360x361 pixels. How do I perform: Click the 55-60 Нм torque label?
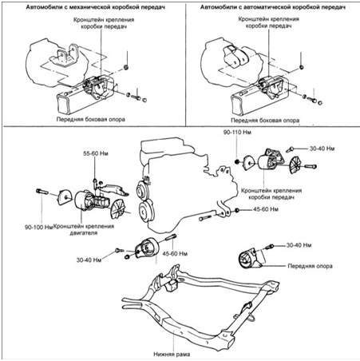coord(96,153)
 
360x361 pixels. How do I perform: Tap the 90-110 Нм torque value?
coord(237,133)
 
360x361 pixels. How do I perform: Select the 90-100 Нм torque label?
coord(39,228)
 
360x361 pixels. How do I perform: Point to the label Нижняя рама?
coord(172,355)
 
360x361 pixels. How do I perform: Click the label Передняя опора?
coord(310,266)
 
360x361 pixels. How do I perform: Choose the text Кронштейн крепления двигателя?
coord(84,230)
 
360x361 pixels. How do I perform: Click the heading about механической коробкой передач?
coord(96,7)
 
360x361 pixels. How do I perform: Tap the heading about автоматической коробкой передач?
coord(273,7)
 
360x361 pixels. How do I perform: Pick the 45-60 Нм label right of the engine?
coord(266,209)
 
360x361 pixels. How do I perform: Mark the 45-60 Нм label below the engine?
coord(175,253)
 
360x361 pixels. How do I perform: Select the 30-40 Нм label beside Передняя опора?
coord(299,245)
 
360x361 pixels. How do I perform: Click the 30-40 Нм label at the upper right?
coord(322,149)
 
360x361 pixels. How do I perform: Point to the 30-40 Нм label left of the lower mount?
coord(89,260)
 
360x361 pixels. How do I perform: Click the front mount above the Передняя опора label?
coord(250,259)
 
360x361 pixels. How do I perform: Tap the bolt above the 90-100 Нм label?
coord(42,192)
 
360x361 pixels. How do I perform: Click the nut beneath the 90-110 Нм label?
coord(236,161)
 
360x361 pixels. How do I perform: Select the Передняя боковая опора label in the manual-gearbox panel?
coord(91,119)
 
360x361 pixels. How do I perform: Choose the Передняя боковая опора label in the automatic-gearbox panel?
coord(265,121)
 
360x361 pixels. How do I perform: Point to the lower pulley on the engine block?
coord(145,212)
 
